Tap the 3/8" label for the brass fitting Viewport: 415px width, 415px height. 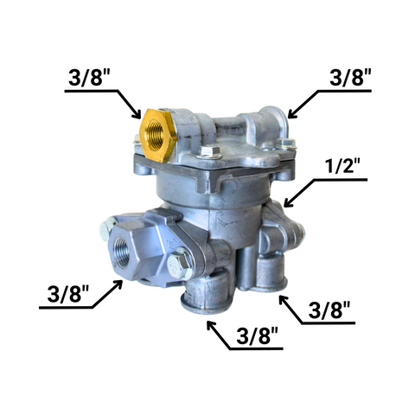coord(86,77)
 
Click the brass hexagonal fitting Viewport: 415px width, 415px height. coord(157,135)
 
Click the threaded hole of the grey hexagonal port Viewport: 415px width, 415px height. coord(121,252)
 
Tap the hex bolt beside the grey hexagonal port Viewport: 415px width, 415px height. coord(178,266)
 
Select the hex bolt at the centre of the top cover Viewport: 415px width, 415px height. coord(210,151)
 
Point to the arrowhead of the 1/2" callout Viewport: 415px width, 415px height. coord(288,202)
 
